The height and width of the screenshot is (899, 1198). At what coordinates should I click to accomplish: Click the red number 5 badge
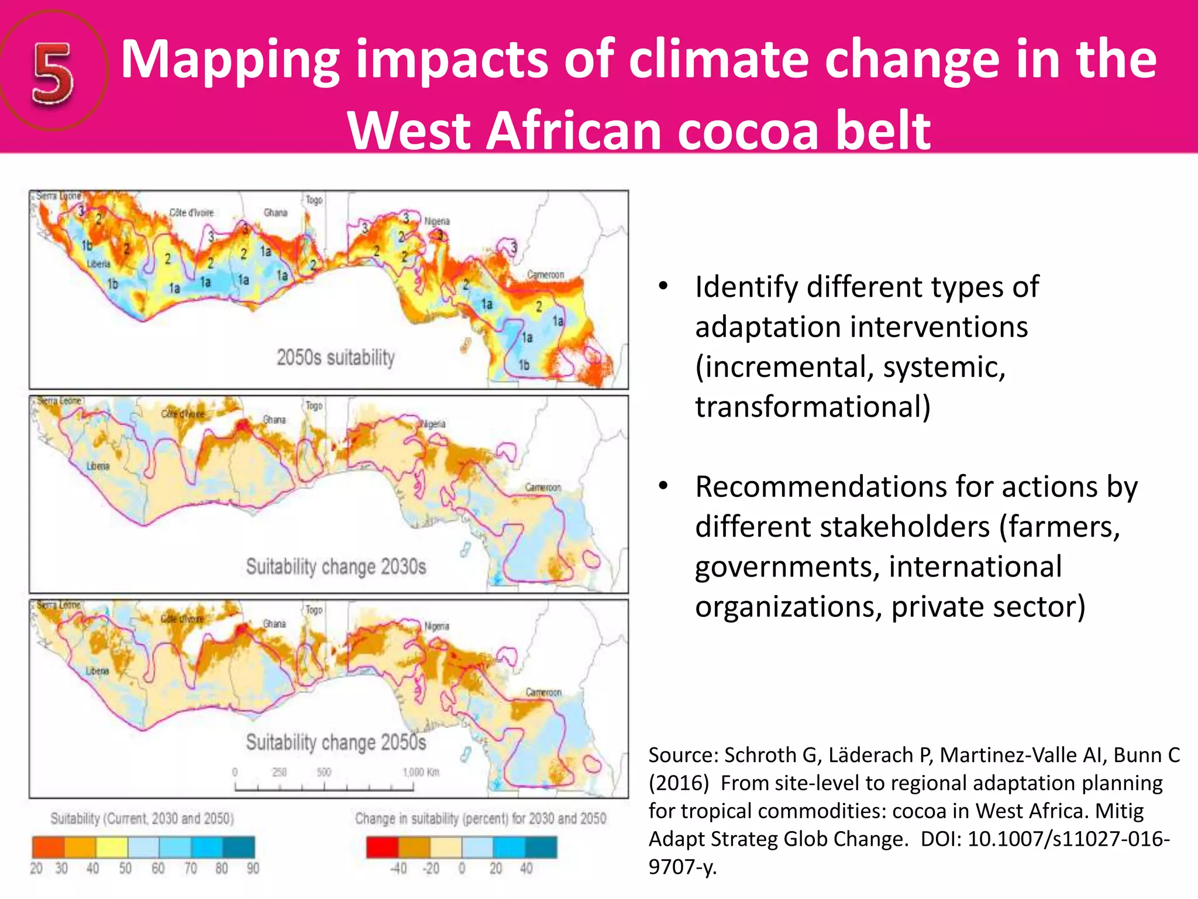click(53, 74)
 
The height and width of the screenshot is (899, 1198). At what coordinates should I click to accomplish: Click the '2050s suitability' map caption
click(335, 357)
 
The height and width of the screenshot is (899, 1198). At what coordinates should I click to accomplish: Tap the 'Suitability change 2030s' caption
click(336, 567)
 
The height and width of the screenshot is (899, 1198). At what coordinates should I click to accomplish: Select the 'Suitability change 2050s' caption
click(336, 742)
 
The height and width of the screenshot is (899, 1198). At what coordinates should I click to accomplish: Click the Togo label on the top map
click(314, 200)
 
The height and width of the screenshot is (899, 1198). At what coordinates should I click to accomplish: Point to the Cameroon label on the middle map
click(542, 487)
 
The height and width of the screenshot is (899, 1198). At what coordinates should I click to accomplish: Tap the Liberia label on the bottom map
click(97, 671)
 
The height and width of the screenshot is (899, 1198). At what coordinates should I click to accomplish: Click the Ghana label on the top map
click(275, 212)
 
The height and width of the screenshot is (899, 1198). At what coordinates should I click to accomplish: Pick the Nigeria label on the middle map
click(433, 424)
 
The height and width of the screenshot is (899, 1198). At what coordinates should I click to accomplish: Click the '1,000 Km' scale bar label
click(421, 772)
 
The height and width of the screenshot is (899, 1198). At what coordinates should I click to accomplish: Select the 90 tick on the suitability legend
click(252, 869)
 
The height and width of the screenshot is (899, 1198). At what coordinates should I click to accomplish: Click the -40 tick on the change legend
click(398, 869)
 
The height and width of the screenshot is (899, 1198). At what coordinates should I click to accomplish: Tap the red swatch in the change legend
click(382, 847)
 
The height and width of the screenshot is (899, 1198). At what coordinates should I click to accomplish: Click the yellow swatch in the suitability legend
click(112, 847)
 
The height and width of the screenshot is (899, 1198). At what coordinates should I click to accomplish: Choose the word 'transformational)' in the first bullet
click(812, 407)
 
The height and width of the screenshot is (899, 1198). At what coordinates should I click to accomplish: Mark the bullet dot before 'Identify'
click(663, 286)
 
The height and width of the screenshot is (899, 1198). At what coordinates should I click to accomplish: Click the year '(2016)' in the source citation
click(678, 783)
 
